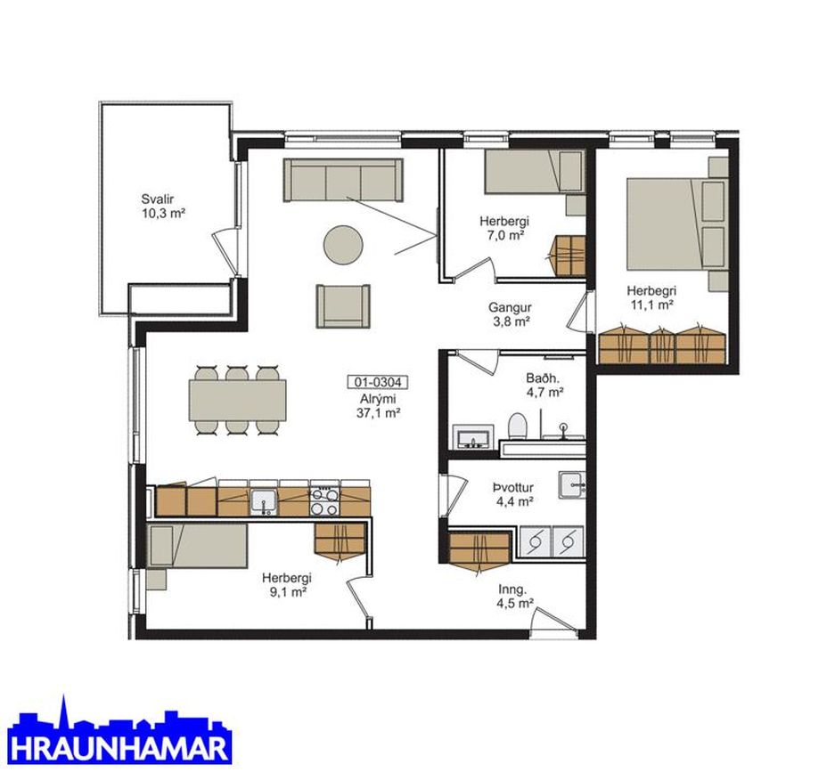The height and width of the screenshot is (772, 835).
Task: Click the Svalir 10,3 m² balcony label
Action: [163, 207]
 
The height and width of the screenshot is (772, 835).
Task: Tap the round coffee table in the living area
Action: [343, 245]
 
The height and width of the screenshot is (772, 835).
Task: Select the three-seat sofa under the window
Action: [343, 180]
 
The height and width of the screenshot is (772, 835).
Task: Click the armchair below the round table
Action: [343, 306]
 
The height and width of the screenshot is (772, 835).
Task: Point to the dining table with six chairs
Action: [238, 400]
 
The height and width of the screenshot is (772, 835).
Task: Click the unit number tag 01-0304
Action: [378, 381]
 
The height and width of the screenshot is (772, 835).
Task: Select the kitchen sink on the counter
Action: [264, 502]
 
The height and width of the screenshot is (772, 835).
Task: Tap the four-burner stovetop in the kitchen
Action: [324, 501]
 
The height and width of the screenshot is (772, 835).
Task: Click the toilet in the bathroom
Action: [518, 426]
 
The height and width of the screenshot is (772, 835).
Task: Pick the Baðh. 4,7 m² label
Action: [544, 386]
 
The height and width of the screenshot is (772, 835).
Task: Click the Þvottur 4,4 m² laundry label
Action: [513, 494]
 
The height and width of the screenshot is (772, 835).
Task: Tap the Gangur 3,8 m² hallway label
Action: [510, 314]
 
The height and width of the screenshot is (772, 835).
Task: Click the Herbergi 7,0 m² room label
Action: [504, 228]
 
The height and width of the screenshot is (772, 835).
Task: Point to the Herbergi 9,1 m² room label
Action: [287, 584]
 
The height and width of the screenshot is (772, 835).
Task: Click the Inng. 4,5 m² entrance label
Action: [515, 596]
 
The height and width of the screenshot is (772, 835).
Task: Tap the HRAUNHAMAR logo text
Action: [120, 748]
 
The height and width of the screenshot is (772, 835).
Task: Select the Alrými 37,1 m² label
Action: [378, 405]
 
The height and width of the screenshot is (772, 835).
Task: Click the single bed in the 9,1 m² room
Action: [198, 545]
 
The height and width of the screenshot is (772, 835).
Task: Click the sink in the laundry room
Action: [572, 484]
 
